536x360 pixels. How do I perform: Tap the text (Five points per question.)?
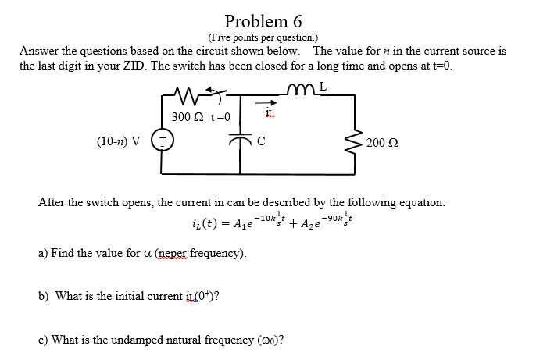point(263,37)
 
